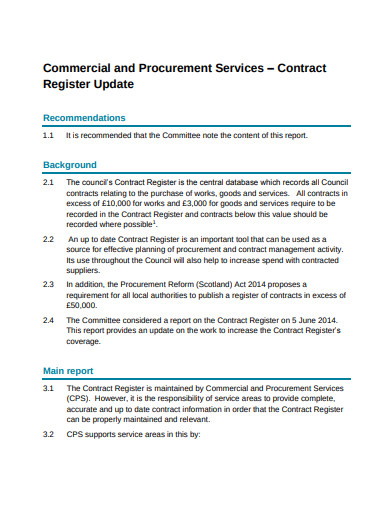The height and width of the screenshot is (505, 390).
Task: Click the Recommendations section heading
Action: coord(84,118)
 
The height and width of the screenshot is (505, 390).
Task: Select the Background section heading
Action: coord(69,164)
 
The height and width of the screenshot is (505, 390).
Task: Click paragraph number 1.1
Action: coord(48,135)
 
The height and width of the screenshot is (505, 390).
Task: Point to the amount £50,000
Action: coord(83,306)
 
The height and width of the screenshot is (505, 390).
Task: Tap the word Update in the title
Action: coord(109,86)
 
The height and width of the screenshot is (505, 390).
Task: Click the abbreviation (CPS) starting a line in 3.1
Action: coord(78,398)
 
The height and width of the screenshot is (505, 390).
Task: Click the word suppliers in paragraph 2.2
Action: coord(84,270)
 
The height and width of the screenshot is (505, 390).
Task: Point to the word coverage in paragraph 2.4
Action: coord(87,342)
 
